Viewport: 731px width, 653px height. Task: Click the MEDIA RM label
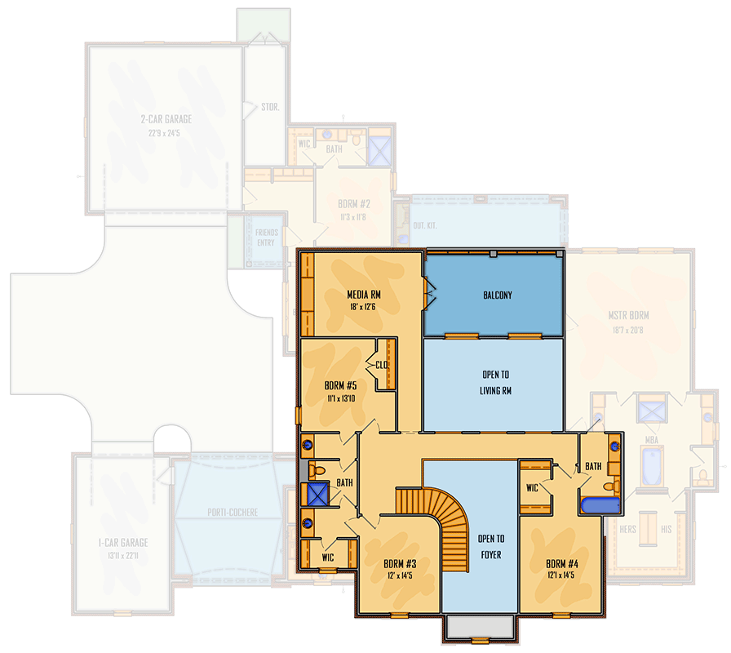pyautogui.click(x=364, y=295)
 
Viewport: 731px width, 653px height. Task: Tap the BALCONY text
pyautogui.click(x=497, y=295)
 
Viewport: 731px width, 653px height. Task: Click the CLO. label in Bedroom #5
pyautogui.click(x=381, y=366)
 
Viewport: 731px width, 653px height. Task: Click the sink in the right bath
pyautogui.click(x=614, y=446)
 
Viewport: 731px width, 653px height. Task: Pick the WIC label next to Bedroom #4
pyautogui.click(x=532, y=488)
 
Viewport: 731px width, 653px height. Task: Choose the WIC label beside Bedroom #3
pyautogui.click(x=328, y=557)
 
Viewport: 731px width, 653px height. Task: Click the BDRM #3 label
pyautogui.click(x=400, y=563)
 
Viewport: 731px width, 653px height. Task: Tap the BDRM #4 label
pyautogui.click(x=562, y=563)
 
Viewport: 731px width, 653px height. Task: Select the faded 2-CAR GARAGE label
pyautogui.click(x=166, y=119)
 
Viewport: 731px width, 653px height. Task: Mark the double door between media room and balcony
pyautogui.click(x=427, y=294)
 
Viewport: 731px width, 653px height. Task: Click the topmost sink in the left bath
pyautogui.click(x=309, y=445)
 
